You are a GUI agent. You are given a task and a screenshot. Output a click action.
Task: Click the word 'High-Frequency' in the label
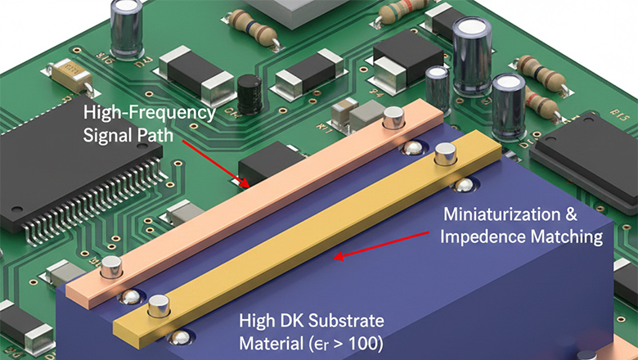click(x=150, y=113)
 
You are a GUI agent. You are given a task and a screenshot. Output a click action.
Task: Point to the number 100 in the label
click(x=357, y=344)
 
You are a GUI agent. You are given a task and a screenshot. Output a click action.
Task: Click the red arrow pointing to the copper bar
click(x=216, y=164)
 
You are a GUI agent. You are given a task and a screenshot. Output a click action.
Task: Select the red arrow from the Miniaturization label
click(x=381, y=245)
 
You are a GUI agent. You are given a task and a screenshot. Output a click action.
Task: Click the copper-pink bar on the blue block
click(x=255, y=204)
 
